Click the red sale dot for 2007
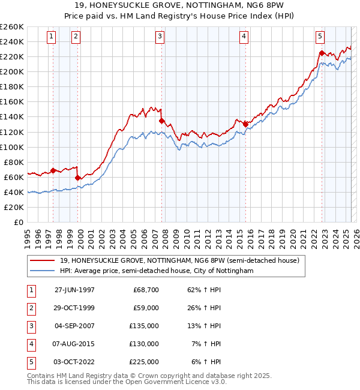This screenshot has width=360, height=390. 161,121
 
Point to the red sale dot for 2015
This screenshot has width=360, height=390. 245,124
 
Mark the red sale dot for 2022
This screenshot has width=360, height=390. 322,53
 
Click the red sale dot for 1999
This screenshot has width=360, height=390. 78,178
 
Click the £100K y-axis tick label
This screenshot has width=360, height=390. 12,147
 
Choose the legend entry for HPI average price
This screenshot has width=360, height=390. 157,271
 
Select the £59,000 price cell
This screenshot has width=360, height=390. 146,308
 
